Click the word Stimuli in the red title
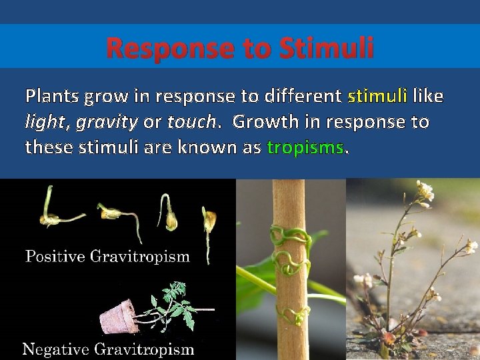click(327, 48)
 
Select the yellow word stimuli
click(377, 97)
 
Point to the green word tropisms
click(305, 147)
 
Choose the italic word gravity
click(107, 123)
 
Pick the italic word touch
click(191, 122)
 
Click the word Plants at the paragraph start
click(52, 97)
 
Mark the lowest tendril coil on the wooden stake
click(293, 313)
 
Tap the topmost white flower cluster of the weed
click(425, 191)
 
